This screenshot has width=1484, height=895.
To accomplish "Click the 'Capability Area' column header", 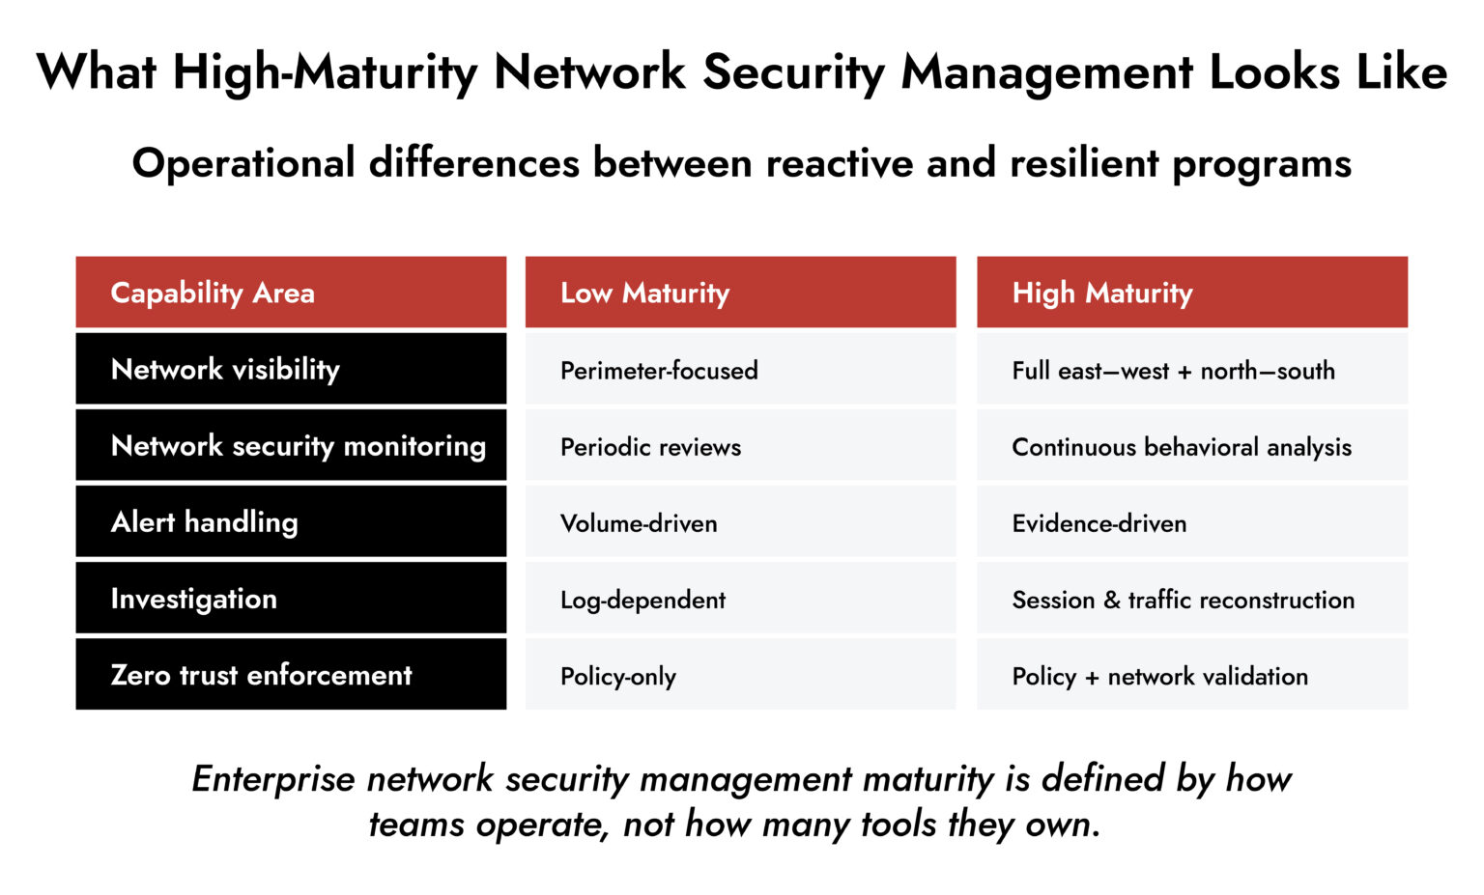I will [213, 293].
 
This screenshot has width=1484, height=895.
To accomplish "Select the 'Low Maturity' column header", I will [644, 293].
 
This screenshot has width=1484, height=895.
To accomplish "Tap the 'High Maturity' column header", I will [1101, 293].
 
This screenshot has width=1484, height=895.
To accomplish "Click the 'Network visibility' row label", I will [225, 369].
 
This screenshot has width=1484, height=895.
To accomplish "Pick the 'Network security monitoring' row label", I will [298, 446].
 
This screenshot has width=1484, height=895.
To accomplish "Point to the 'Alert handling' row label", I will [204, 522].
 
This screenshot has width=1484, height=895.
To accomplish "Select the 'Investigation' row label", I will [193, 599].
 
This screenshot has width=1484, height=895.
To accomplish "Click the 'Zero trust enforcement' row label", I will [261, 675].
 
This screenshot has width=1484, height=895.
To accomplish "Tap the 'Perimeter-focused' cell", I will [659, 371].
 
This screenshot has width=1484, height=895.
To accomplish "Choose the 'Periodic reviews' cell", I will [650, 447].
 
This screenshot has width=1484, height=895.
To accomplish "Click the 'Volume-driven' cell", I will [639, 523].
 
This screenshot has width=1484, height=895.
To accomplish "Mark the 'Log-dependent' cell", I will [642, 600].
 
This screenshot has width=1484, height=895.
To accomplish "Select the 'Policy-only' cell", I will [618, 676].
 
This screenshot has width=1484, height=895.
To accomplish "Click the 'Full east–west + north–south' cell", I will [1173, 371].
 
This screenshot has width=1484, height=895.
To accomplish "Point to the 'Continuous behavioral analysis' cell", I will [1181, 447].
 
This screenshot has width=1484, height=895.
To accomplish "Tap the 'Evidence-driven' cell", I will [1099, 523].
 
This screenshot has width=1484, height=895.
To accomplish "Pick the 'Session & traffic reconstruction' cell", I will [1183, 600].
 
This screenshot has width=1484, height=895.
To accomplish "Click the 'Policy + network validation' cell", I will [1159, 676].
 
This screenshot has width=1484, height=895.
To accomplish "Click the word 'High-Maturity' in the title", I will [325, 72].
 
